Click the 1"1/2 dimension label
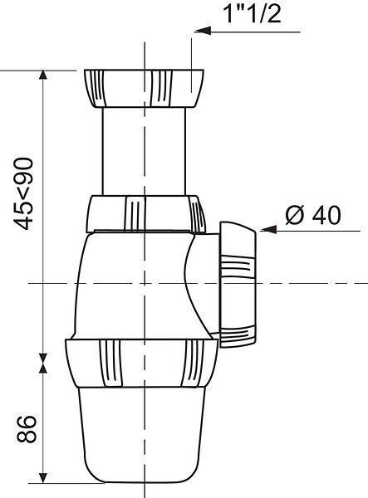tap(253, 14)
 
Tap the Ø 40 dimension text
tap(313, 215)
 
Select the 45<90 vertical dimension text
tap(24, 193)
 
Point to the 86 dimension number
tap(27, 429)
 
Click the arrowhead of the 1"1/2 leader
tap(203, 32)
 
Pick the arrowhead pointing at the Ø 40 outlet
tap(268, 230)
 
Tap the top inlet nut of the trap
tap(144, 88)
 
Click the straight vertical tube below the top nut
tap(144, 152)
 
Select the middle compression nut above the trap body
tap(146, 214)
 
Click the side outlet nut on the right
tap(238, 285)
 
